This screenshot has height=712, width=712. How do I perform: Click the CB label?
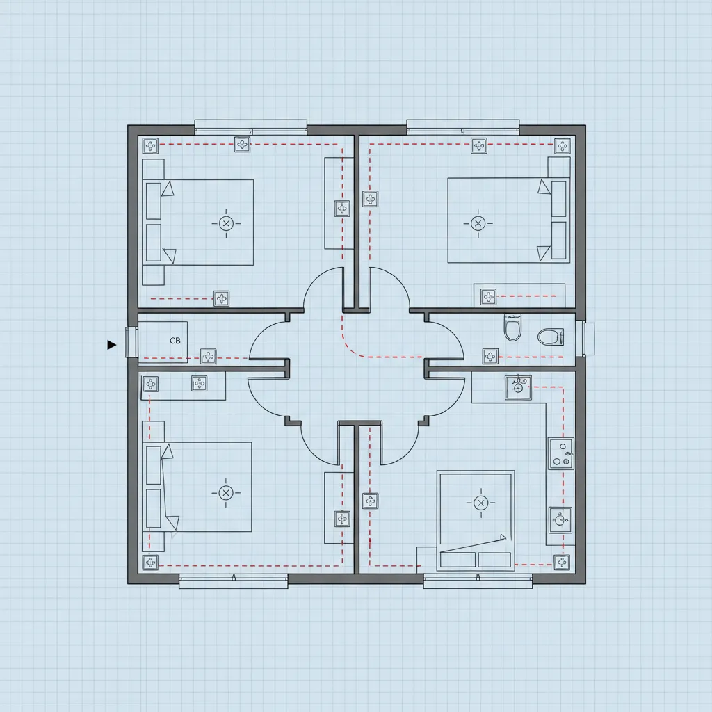[175, 341]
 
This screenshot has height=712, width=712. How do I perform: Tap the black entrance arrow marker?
[111, 345]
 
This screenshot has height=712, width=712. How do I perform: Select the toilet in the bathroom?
[512, 327]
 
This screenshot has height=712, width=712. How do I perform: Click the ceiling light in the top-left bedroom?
[226, 223]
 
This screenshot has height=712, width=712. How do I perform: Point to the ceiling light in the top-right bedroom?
[478, 223]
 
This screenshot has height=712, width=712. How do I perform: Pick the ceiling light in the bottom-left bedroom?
[226, 493]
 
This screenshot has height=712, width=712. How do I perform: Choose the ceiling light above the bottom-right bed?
[480, 503]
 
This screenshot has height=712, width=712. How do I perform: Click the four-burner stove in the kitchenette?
[561, 453]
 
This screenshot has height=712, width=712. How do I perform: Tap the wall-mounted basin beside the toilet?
[551, 337]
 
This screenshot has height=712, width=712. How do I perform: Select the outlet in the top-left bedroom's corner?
[150, 146]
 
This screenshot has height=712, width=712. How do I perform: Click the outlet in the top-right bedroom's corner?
[562, 146]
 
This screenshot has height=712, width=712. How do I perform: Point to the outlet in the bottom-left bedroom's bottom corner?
[150, 563]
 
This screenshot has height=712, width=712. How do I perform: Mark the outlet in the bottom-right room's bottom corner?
[562, 562]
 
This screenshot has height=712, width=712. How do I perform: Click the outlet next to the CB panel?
[208, 357]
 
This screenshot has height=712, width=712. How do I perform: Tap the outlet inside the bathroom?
[490, 357]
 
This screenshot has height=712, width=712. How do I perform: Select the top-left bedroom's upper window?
[250, 127]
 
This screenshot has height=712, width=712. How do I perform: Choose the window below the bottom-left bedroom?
[234, 581]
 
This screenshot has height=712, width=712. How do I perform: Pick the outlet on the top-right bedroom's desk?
[488, 297]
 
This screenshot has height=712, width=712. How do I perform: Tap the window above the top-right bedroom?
[462, 127]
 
